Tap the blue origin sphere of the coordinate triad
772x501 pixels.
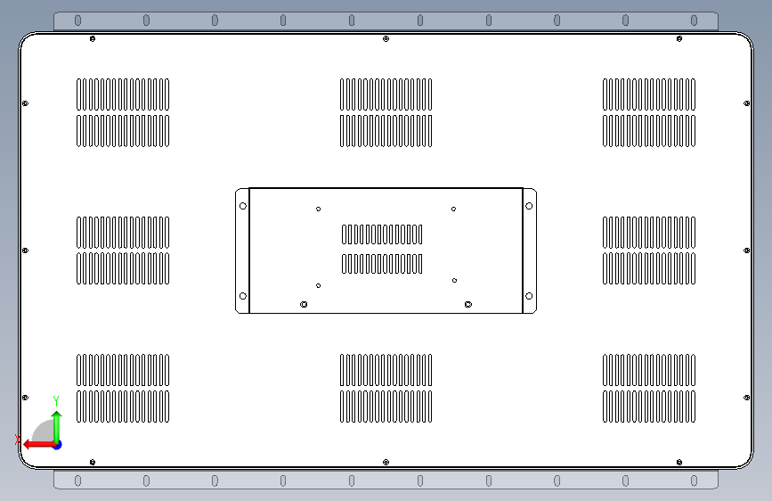(56, 443)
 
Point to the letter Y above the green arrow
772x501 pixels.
(56, 400)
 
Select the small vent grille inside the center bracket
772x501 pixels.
(382, 249)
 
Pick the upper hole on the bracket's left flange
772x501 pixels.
(243, 206)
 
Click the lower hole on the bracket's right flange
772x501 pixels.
(529, 296)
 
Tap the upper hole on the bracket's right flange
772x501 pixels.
(529, 206)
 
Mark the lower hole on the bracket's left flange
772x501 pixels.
(243, 296)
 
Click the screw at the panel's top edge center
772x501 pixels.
(385, 39)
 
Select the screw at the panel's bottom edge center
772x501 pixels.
(385, 462)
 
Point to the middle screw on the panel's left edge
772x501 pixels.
(25, 250)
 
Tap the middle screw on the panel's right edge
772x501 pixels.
(746, 250)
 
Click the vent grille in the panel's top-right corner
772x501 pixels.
(649, 112)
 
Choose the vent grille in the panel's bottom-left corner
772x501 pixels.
(123, 389)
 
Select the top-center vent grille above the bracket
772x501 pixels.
(386, 112)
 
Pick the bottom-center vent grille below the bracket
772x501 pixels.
(386, 389)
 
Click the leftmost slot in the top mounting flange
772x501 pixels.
(77, 21)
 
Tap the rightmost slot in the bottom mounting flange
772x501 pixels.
(695, 480)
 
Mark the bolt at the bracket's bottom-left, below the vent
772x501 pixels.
(305, 304)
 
